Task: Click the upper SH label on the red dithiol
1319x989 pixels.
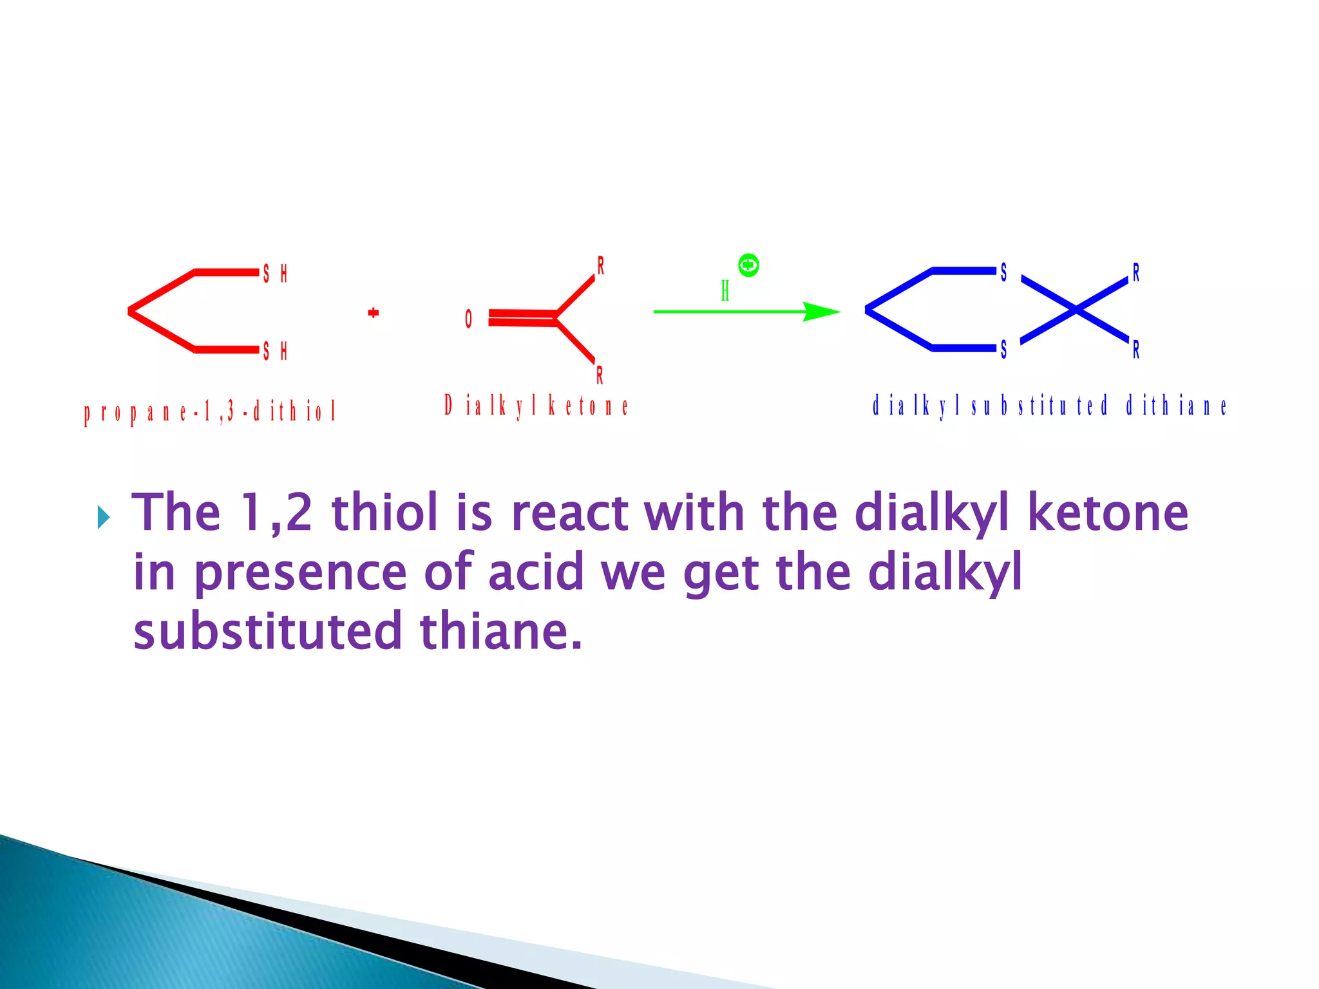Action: point(274,274)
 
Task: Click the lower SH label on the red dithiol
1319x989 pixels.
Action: point(274,351)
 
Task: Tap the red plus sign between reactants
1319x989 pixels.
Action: point(373,313)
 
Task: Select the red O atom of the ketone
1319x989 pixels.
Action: point(468,319)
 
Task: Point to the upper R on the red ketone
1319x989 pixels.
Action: point(600,265)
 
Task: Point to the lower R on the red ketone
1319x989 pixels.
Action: point(600,375)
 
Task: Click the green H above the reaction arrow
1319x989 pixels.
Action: point(725,291)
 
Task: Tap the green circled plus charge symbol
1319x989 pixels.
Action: point(748,265)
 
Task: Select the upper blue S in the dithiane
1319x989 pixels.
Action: point(1003,273)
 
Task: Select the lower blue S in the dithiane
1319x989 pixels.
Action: point(1003,350)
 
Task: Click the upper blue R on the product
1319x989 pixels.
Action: point(1136,273)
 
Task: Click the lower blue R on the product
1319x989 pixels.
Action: point(1136,350)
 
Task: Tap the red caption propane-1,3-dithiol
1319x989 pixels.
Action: point(210,411)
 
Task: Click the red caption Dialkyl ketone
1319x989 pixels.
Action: point(536,406)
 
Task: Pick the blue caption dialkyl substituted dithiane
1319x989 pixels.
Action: point(1049,406)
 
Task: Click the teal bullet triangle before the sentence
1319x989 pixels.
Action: point(103,517)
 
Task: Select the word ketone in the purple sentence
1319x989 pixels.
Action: point(1107,513)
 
